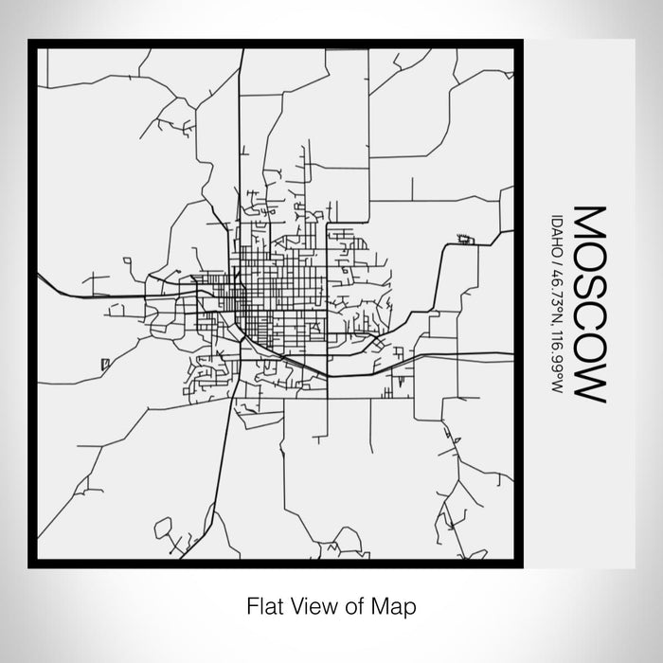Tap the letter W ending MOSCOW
(588, 383)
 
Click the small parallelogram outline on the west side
(103, 361)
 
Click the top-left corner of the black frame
(31, 43)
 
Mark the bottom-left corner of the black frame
(31, 564)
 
